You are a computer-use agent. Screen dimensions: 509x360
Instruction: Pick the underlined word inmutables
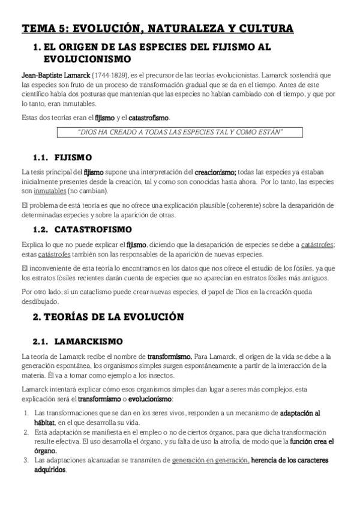50,191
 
